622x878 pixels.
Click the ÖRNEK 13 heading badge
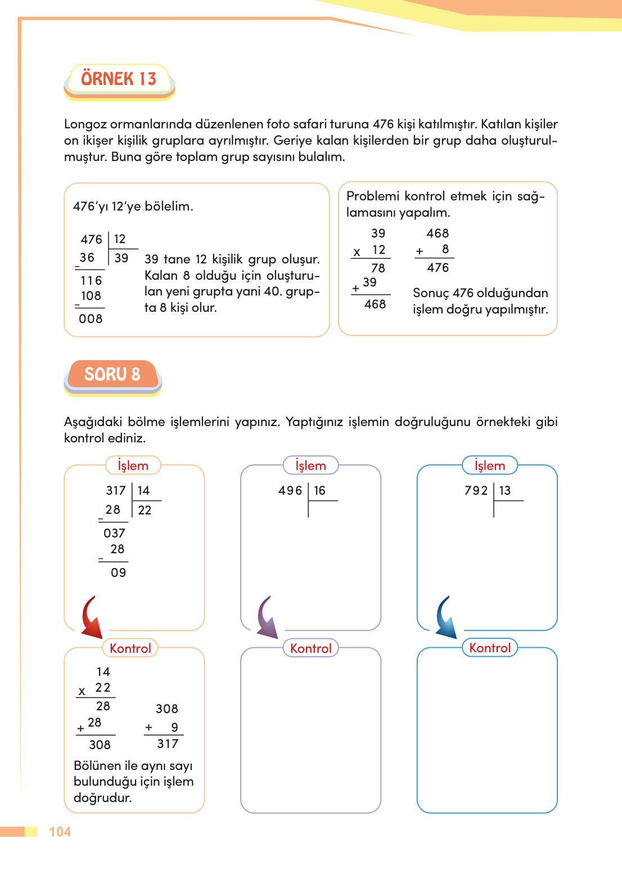[119, 79]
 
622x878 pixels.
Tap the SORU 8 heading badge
[112, 374]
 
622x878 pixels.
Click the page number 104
[60, 832]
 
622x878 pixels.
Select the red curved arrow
[91, 618]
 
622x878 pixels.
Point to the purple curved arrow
[267, 618]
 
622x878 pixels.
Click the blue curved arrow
[446, 618]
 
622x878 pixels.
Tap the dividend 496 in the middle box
[290, 491]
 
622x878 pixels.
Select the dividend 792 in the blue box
[476, 491]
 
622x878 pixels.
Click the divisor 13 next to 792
[505, 491]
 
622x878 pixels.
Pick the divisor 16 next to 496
[319, 491]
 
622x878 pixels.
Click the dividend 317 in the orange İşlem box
[116, 491]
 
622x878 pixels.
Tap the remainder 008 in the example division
[91, 319]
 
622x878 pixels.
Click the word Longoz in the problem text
[85, 124]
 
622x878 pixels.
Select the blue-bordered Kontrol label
[490, 648]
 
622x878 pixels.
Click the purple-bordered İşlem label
[310, 465]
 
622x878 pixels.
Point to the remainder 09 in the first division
[118, 573]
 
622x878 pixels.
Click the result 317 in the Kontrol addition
[168, 744]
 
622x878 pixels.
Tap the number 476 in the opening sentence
[383, 124]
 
